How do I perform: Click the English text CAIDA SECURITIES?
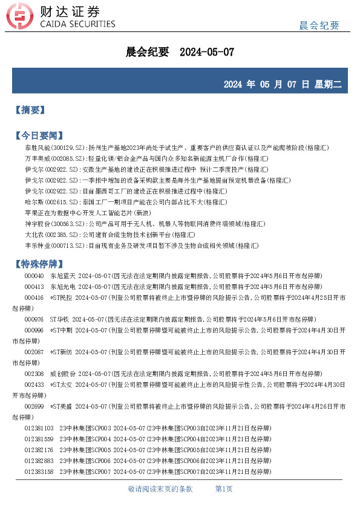point(77,25)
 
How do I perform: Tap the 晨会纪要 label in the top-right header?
point(319,25)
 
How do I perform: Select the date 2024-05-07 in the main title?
point(207,53)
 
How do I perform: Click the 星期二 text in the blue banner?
point(327,84)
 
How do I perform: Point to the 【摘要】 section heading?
point(30,110)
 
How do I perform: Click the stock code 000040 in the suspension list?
point(34,276)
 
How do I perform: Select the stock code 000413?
point(34,287)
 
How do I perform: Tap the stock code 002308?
point(34,374)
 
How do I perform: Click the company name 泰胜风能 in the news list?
point(36,148)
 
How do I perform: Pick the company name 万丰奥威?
point(36,158)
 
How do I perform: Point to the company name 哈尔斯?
point(34,202)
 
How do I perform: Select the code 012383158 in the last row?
point(39,472)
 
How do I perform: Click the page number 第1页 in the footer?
point(224,489)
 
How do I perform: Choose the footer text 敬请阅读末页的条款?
point(160,489)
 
